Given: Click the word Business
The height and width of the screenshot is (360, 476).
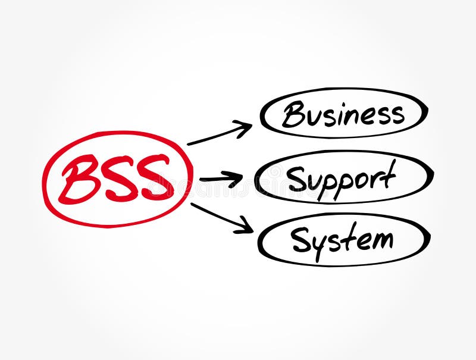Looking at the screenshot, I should click(343, 113).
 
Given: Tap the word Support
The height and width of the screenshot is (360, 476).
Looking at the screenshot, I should click(342, 178).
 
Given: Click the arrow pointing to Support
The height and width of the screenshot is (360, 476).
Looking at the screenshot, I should click(220, 178).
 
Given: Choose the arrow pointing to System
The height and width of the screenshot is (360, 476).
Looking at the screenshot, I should click(220, 217).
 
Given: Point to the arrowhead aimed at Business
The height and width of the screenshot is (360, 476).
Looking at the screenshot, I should click(245, 126).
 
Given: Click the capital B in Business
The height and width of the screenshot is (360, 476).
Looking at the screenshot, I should click(293, 114).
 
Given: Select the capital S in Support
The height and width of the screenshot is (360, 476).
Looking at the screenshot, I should click(296, 178).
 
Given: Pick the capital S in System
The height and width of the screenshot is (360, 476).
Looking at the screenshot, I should click(300, 239).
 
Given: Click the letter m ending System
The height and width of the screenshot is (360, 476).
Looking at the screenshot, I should click(381, 239).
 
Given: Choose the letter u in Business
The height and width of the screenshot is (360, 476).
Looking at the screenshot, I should click(314, 116).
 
